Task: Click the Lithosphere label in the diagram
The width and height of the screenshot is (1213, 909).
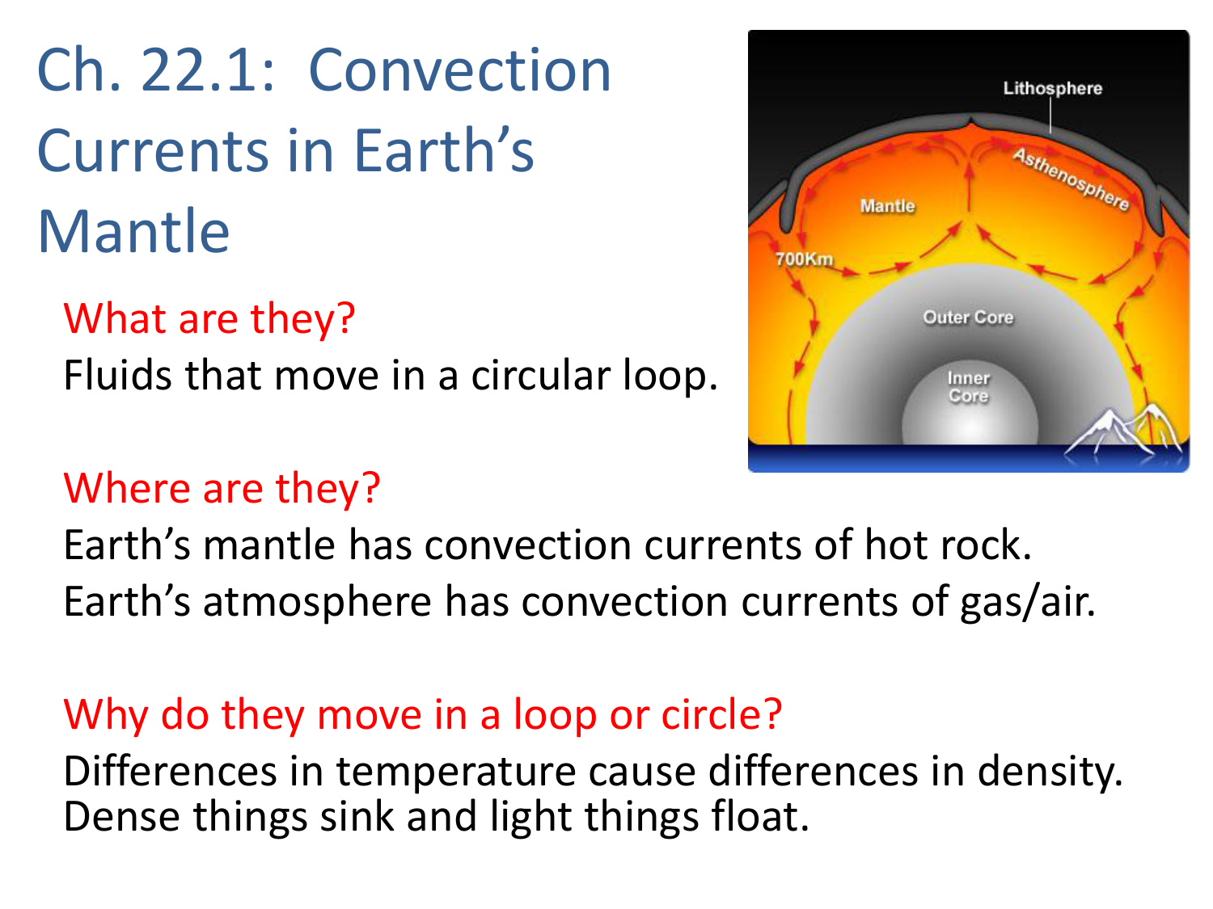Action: coord(1052,88)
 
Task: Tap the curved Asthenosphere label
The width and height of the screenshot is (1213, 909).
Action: coord(1071,179)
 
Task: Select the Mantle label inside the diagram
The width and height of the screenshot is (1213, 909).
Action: coord(887,206)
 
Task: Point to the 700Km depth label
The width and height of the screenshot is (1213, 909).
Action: coord(804,259)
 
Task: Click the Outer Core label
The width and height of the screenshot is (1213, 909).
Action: coord(968,318)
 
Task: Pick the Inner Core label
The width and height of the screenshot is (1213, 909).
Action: coord(968,387)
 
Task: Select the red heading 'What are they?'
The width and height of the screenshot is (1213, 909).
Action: coord(209,318)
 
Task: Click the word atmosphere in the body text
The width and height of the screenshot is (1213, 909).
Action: coord(317,602)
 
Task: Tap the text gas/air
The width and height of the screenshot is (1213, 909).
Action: coord(1027,603)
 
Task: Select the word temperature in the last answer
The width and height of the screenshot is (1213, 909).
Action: coord(456,772)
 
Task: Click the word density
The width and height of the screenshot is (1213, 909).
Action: coord(1050,772)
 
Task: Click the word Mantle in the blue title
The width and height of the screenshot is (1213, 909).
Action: coord(133,231)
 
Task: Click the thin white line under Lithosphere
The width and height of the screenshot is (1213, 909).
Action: coord(1050,116)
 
